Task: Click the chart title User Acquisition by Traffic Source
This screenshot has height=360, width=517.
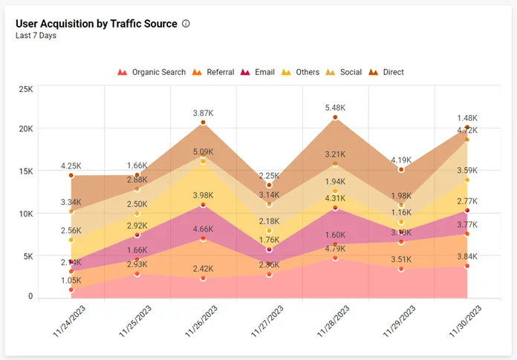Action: pos(97,24)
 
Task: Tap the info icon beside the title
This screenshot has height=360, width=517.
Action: pos(186,24)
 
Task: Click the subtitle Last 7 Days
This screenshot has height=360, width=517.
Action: pos(36,36)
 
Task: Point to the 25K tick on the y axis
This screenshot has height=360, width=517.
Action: pos(26,90)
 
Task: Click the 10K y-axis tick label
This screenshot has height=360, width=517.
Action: pos(26,214)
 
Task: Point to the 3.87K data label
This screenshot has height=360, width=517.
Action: pos(203,114)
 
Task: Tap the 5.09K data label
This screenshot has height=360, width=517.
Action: pos(203,152)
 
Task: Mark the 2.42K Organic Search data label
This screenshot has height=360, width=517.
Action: pos(203,269)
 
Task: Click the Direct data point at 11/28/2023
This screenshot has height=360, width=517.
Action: pos(335,117)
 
